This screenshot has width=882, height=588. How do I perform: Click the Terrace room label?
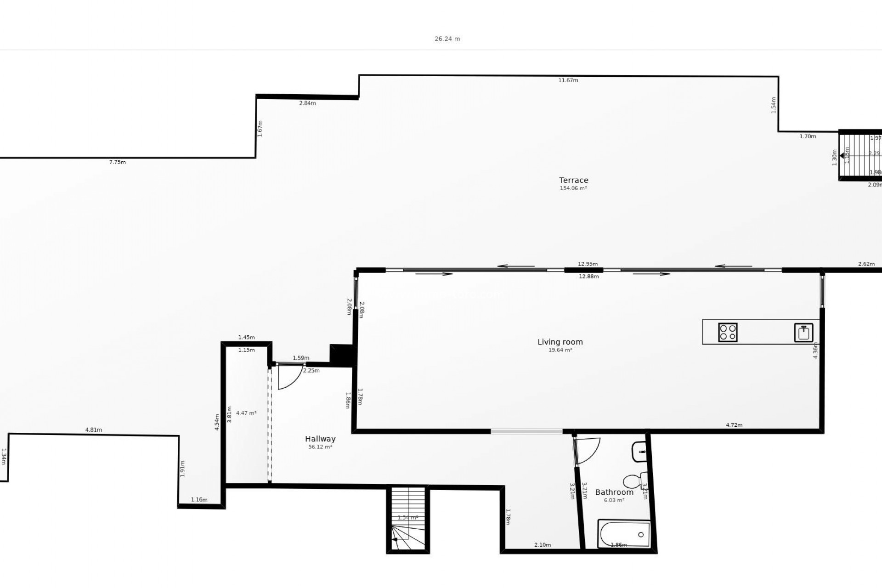[x=573, y=180]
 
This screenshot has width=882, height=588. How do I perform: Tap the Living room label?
[x=560, y=342]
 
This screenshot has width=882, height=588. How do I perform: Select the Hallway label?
[x=320, y=439]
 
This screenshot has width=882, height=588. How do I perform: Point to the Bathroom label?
[x=614, y=492]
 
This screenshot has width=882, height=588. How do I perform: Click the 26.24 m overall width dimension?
[x=447, y=39]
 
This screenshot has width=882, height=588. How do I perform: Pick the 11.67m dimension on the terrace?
[x=568, y=80]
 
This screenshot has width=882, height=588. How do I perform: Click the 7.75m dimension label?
[x=117, y=162]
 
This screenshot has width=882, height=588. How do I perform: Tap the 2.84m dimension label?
[x=307, y=103]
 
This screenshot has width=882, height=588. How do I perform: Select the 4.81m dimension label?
[x=93, y=430]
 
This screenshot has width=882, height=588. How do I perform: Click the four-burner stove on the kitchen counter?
[x=728, y=332]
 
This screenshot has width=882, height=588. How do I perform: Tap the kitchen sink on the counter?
[x=803, y=333]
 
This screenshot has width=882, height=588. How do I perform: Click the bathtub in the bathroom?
[x=624, y=534]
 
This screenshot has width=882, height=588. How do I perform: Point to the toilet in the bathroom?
[x=633, y=481]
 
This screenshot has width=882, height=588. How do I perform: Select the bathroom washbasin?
[x=639, y=452]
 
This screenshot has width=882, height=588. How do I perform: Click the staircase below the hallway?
[x=408, y=520]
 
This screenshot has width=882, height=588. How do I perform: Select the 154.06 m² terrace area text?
[x=573, y=188]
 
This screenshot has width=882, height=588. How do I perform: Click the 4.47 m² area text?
[x=246, y=413]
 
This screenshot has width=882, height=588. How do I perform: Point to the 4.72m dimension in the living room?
[x=734, y=425]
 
